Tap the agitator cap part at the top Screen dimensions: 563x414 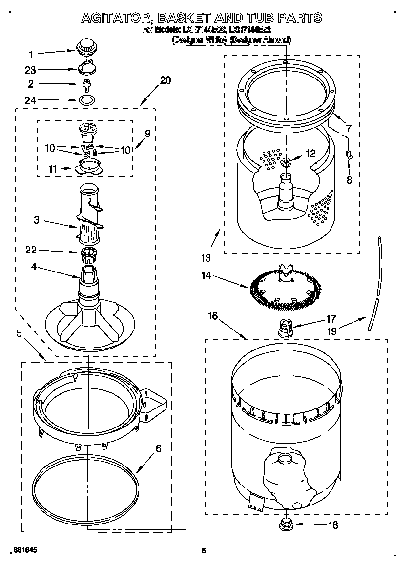(86, 48)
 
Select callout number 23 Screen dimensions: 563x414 (30, 70)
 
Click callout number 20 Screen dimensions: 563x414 (165, 80)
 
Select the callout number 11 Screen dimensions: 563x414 (53, 169)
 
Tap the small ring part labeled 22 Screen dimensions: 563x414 (88, 252)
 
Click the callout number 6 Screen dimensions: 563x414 (159, 449)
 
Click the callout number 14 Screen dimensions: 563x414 (206, 276)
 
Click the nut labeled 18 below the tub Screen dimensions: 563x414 (285, 524)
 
